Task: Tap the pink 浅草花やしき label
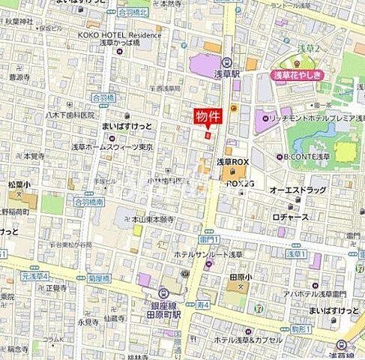click(x=298, y=76)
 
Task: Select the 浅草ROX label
click(x=232, y=161)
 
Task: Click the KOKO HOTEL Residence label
click(x=124, y=34)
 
